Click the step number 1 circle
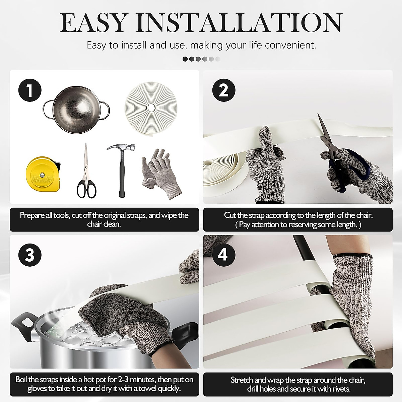click(30, 90)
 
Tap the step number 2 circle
click(224, 90)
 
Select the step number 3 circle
click(30, 255)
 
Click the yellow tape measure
click(44, 174)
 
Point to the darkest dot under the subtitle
click(185, 59)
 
